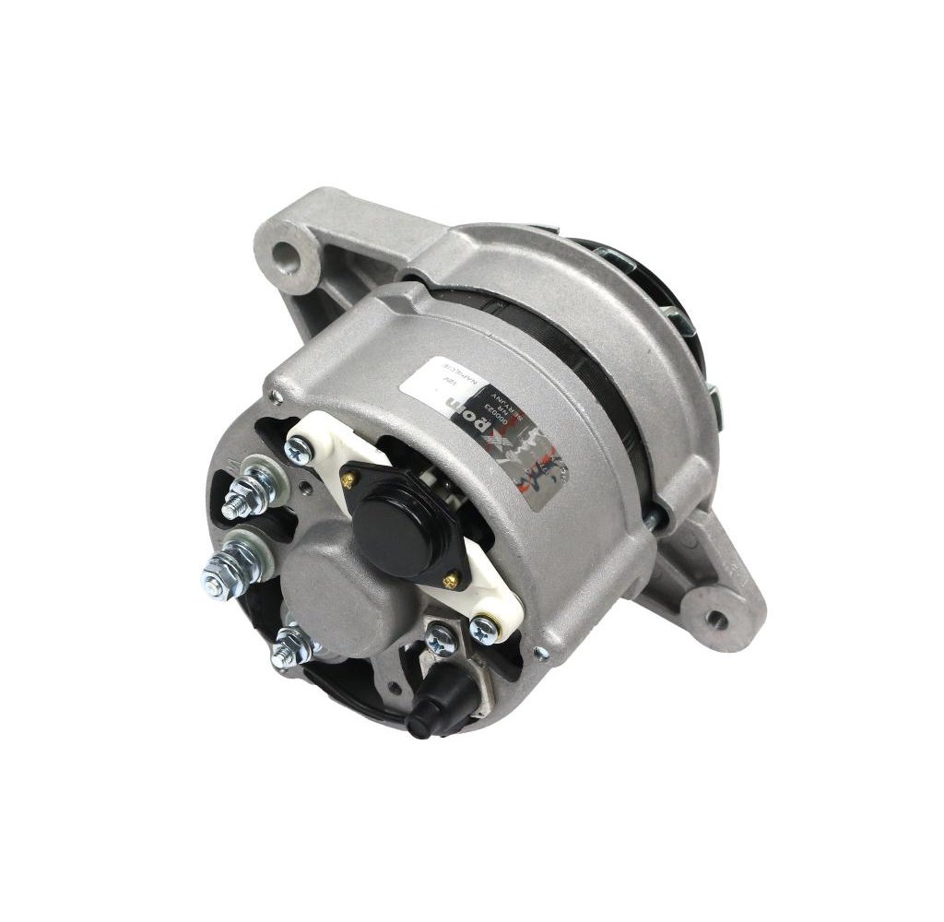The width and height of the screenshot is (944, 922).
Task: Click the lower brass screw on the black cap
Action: pos(451,578)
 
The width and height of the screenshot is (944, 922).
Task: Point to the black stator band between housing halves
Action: pos(590,369)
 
